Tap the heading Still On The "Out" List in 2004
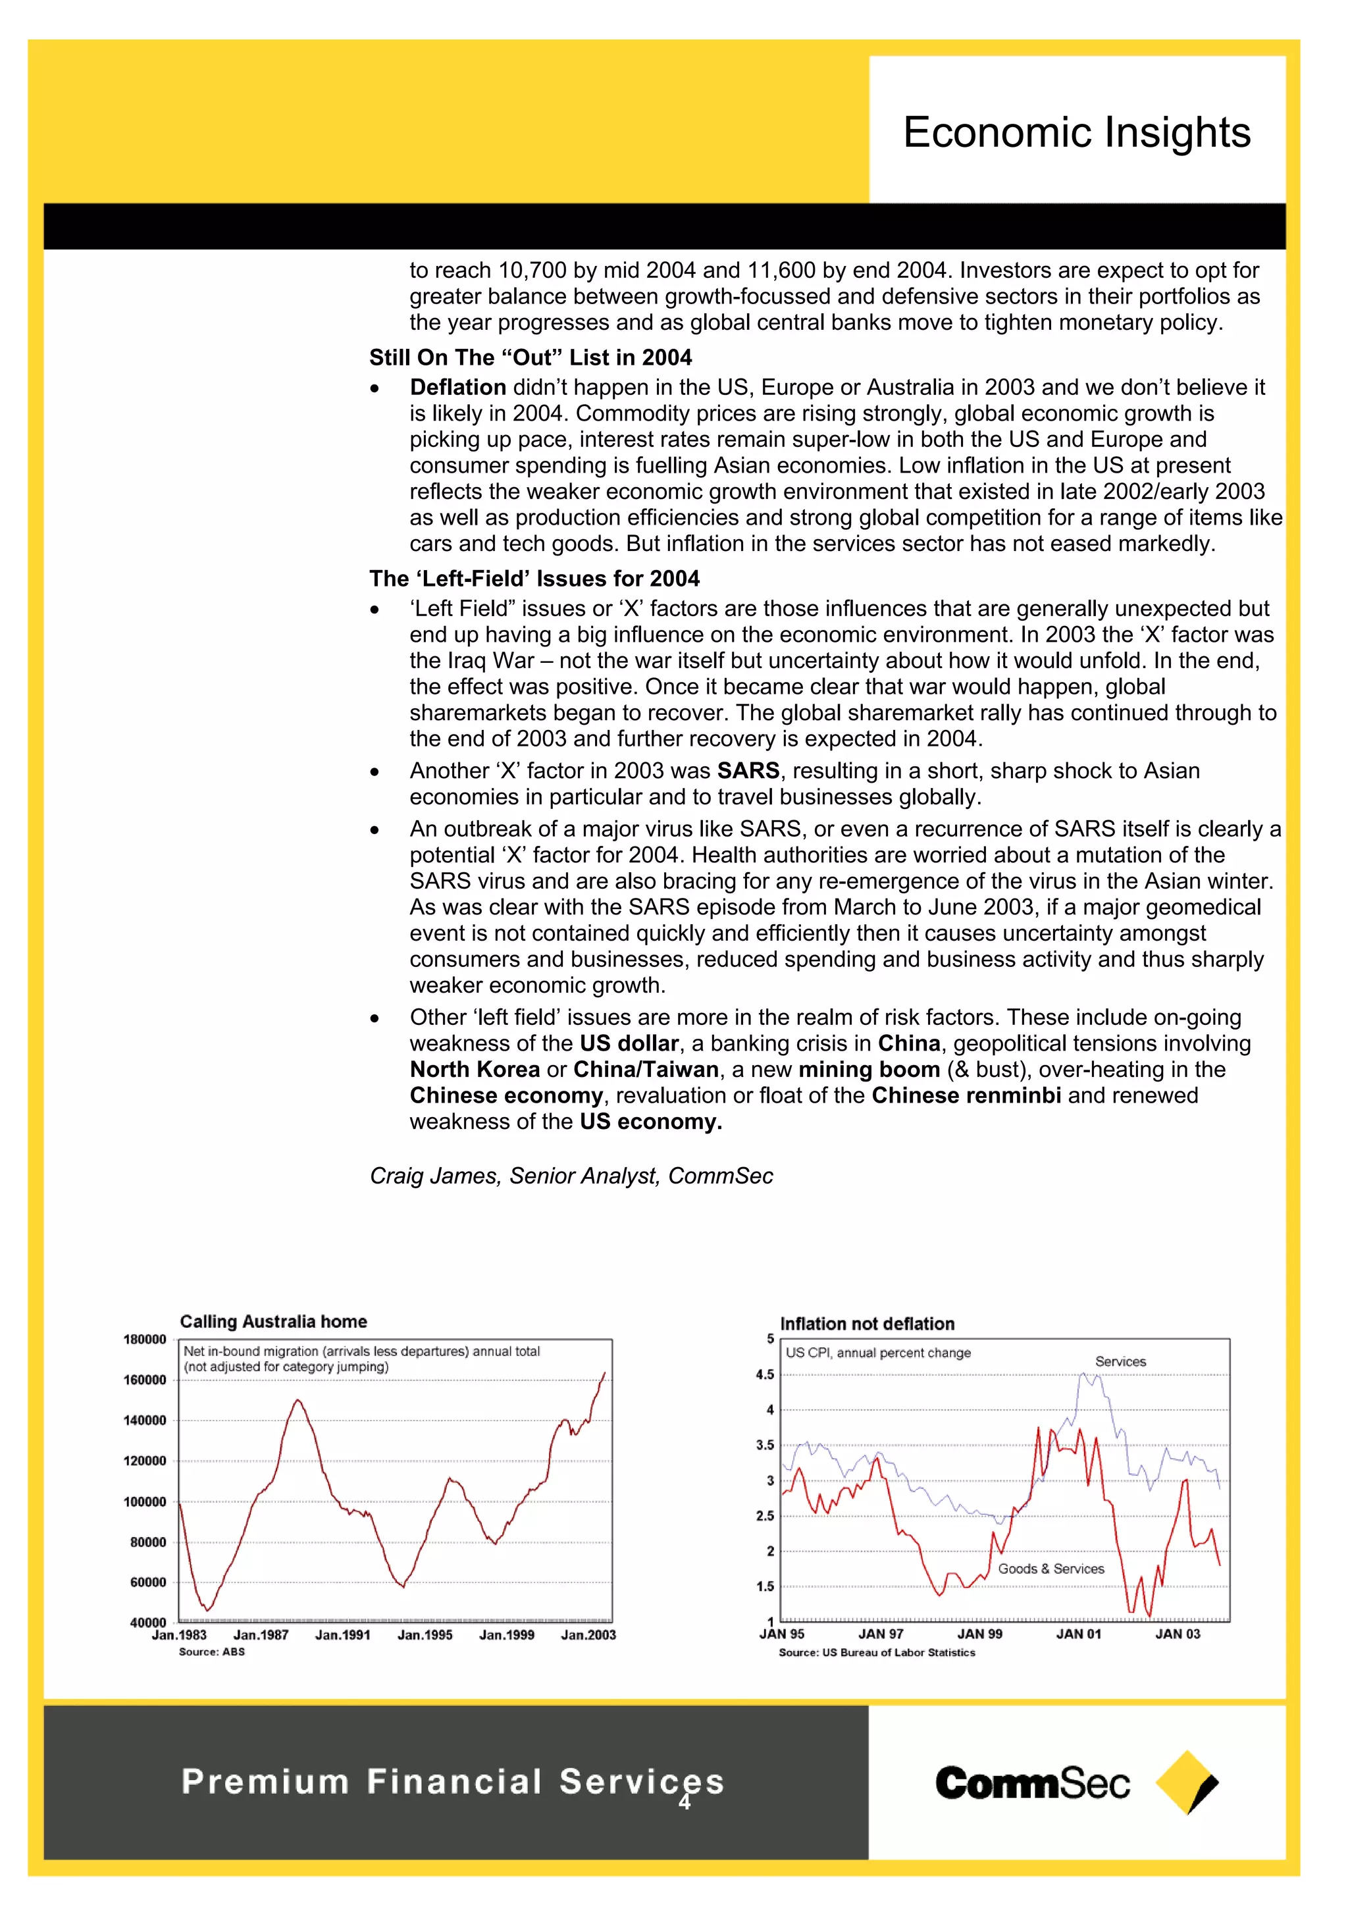530,357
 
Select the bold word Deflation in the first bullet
457,387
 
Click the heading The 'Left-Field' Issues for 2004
534,578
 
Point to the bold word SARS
748,771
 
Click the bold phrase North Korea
475,1069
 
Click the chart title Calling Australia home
273,1321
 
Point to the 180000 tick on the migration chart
145,1339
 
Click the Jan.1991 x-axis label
342,1634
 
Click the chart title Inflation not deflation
866,1324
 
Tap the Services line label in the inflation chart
1120,1361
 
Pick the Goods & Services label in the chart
1050,1568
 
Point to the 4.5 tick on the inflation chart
764,1374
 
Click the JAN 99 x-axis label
979,1634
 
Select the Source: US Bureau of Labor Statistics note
876,1653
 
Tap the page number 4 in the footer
685,1802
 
